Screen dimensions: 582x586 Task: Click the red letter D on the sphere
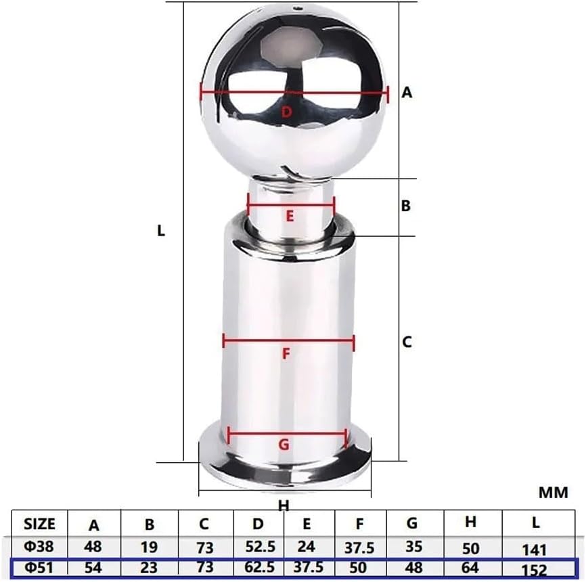286,112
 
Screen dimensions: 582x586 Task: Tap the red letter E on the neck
290,217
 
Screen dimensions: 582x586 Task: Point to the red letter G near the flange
284,445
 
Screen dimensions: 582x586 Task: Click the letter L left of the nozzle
161,230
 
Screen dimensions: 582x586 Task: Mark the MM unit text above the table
553,493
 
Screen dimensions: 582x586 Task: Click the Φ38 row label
41,546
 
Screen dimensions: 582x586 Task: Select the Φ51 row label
41,568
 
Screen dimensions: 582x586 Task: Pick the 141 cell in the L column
535,549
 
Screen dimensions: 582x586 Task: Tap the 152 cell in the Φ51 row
535,570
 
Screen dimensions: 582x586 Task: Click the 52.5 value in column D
258,546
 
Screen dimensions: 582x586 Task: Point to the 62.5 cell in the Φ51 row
258,568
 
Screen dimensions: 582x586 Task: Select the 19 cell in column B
150,546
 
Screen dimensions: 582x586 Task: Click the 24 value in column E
308,546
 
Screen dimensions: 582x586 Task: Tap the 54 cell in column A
95,568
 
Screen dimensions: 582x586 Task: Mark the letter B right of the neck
406,206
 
